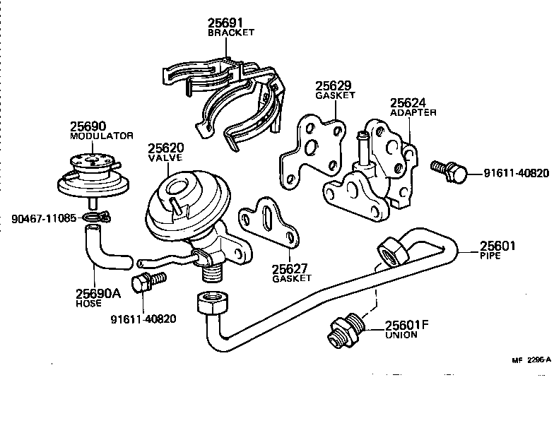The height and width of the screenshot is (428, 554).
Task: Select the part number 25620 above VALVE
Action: pyautogui.click(x=166, y=149)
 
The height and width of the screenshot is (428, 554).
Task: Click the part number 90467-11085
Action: pyautogui.click(x=43, y=218)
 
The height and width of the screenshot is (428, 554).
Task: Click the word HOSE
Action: pyautogui.click(x=88, y=303)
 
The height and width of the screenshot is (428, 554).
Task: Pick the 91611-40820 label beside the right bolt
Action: pyautogui.click(x=516, y=174)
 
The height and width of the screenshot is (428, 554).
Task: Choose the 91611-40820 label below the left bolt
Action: pyautogui.click(x=143, y=319)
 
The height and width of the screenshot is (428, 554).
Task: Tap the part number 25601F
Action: pyautogui.click(x=407, y=326)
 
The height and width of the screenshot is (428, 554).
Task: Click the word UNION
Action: pyautogui.click(x=401, y=335)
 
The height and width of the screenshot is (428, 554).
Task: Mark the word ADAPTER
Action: pyautogui.click(x=413, y=112)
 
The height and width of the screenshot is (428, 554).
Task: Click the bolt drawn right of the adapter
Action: pyautogui.click(x=447, y=170)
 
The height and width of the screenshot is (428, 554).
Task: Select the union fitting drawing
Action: pyautogui.click(x=346, y=330)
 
